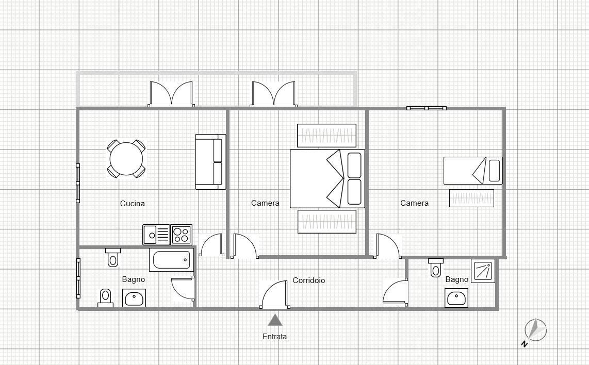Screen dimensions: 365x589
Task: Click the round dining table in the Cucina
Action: [126, 159]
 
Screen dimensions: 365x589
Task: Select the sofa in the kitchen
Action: [210, 162]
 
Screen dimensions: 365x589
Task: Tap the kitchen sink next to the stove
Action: [156, 235]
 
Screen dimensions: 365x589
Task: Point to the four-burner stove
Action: [181, 235]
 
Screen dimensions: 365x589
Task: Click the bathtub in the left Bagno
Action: [171, 260]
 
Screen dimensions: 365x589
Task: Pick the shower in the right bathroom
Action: [483, 271]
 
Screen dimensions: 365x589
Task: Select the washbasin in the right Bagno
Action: [456, 298]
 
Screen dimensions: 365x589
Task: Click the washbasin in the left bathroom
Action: [134, 298]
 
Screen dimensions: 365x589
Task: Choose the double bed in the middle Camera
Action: [327, 178]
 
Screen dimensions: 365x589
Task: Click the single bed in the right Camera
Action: [472, 171]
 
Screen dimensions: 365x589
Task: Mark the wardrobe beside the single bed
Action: [471, 198]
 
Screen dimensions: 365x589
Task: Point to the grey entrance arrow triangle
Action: [275, 320]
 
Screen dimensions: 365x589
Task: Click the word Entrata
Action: [274, 337]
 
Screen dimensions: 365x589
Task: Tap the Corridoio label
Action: [308, 280]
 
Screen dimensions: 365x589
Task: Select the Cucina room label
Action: [133, 204]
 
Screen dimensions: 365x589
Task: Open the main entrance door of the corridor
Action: [274, 296]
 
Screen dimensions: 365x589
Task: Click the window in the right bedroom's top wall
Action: [426, 108]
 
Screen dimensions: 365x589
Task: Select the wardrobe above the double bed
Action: [326, 136]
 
